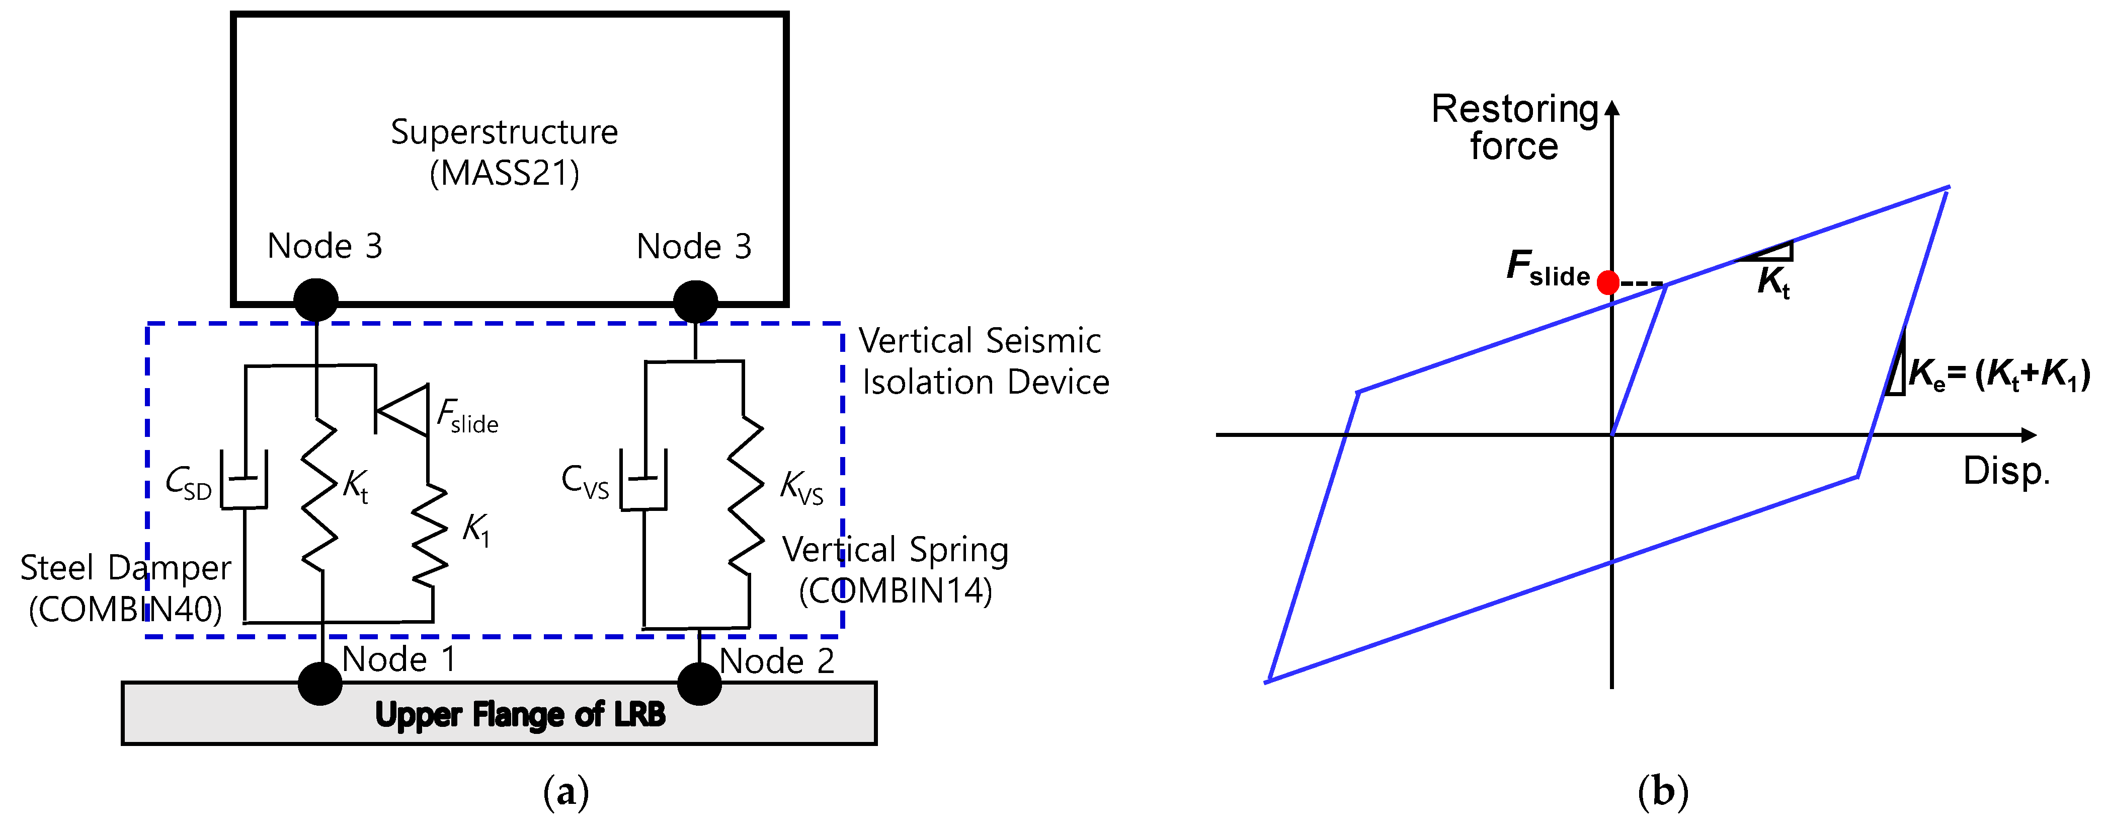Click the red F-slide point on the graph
pyautogui.click(x=1607, y=283)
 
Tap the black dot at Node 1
pyautogui.click(x=319, y=683)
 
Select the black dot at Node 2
pyautogui.click(x=699, y=683)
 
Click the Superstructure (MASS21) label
pyautogui.click(x=504, y=152)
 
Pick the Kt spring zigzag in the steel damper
pyautogui.click(x=319, y=494)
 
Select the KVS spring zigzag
pyautogui.click(x=745, y=494)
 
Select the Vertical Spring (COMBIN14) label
pyautogui.click(x=896, y=570)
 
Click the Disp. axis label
pyautogui.click(x=2006, y=472)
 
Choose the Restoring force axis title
pyautogui.click(x=1514, y=127)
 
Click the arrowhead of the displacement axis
pyautogui.click(x=2029, y=435)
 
